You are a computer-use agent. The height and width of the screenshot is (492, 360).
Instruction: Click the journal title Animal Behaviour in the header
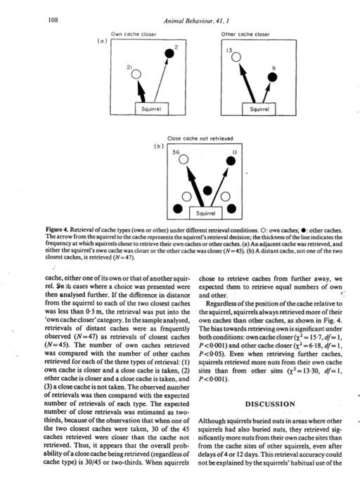pyautogui.click(x=191, y=21)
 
